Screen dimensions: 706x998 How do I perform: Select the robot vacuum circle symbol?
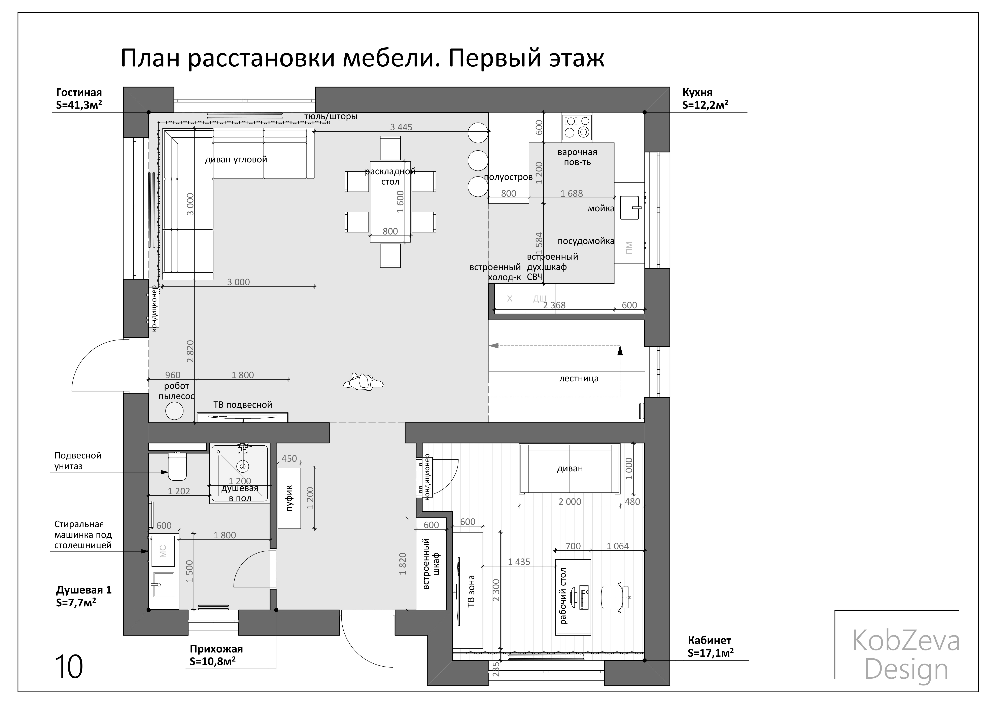174,411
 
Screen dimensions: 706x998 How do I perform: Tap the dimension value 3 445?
401,127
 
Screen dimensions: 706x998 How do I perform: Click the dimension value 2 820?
190,351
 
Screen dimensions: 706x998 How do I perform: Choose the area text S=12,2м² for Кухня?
705,105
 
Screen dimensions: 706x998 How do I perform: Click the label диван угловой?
236,160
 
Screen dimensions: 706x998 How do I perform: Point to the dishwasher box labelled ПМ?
629,248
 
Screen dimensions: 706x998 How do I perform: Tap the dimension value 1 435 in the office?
519,562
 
